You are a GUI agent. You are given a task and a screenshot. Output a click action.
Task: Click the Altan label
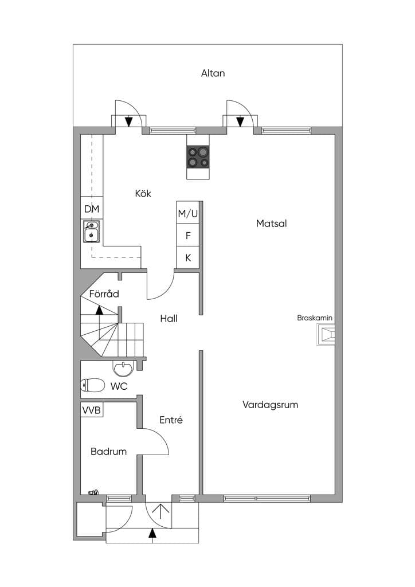[213, 73]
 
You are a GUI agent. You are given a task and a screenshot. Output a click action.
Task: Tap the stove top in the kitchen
[198, 157]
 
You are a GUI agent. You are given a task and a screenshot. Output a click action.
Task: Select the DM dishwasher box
[92, 209]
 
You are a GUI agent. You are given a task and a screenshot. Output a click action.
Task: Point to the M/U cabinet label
[188, 214]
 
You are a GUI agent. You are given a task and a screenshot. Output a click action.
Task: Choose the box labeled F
[188, 236]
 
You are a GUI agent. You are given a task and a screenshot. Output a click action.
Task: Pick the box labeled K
[188, 257]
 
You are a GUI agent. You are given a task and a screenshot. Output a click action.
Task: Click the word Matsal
[271, 224]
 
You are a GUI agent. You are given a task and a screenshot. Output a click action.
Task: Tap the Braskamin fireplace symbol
[326, 334]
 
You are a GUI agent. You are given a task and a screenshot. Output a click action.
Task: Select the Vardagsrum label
[270, 405]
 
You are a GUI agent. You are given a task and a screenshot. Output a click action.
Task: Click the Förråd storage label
[104, 293]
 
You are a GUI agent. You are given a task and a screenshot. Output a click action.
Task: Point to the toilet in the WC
[92, 385]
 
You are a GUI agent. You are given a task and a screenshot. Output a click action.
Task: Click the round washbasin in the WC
[122, 369]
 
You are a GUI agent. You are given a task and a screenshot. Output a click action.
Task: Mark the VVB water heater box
[92, 410]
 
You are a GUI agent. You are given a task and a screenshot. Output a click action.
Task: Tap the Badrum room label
[108, 452]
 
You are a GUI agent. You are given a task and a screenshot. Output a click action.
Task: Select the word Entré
[171, 420]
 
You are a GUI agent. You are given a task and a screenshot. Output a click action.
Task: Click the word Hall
[169, 319]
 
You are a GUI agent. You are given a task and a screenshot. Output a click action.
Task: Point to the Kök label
[143, 194]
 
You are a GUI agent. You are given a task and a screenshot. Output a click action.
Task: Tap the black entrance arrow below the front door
[152, 533]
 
